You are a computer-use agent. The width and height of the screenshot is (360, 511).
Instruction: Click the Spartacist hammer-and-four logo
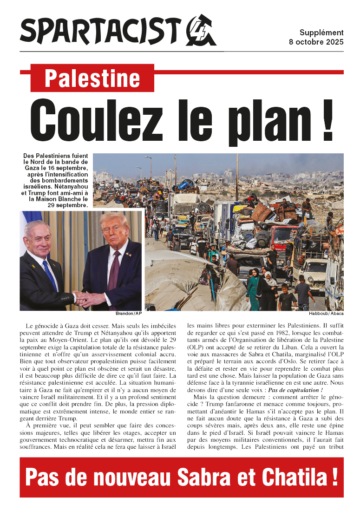tap(201, 31)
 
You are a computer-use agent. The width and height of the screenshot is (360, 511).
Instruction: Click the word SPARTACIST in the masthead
tap(100, 31)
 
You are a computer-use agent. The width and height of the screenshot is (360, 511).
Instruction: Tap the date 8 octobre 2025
tap(316, 42)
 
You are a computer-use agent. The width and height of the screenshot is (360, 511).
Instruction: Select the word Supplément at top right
tap(321, 33)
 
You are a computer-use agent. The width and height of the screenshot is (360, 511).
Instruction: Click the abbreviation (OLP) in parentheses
tap(195, 347)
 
